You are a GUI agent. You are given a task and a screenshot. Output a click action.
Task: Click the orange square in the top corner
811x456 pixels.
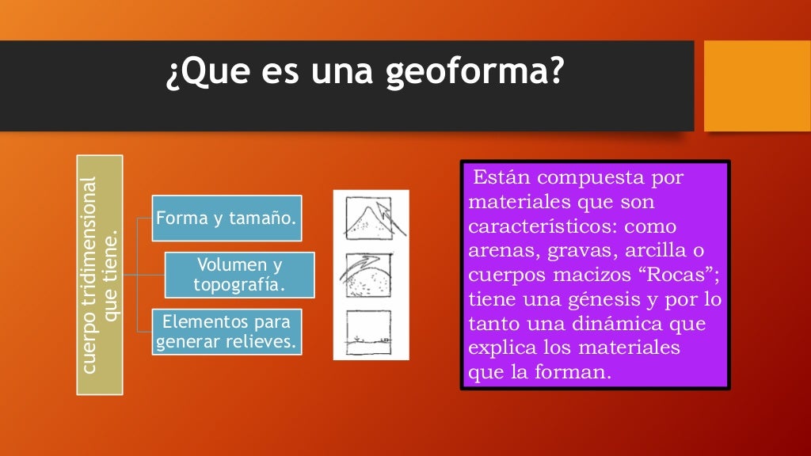point(757,86)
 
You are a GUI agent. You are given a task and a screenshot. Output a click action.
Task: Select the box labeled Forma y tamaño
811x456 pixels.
point(227,218)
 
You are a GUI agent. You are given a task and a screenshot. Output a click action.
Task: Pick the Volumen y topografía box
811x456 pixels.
point(239,275)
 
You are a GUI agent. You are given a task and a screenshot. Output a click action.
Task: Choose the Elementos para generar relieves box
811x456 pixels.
point(227,332)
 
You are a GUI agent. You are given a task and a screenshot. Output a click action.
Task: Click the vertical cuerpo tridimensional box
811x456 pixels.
point(99,275)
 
